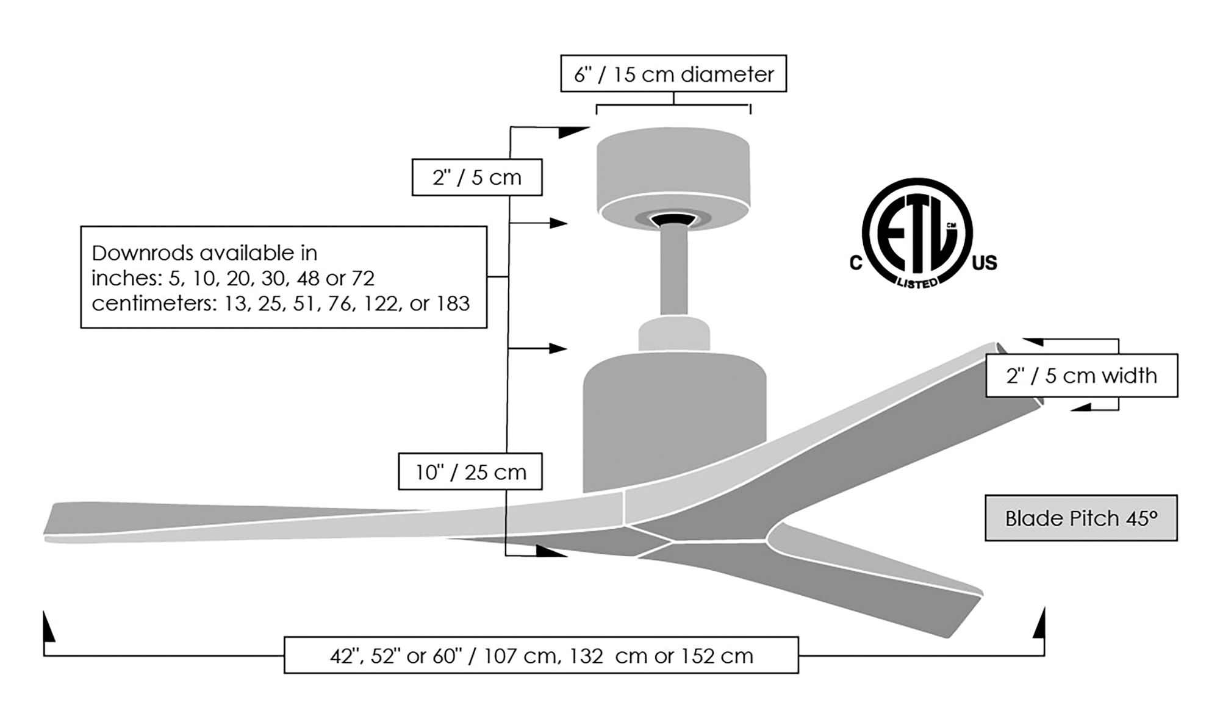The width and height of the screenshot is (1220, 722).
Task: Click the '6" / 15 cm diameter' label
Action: (x=673, y=74)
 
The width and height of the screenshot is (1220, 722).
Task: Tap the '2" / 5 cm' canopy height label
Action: (x=476, y=177)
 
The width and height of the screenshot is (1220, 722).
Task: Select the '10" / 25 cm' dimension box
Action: (x=470, y=471)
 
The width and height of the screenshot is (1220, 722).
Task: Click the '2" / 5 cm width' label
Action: (x=1081, y=376)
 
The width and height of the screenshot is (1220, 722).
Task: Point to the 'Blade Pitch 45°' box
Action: (x=1080, y=518)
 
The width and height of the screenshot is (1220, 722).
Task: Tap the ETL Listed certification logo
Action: (x=917, y=234)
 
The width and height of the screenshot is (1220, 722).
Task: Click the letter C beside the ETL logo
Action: (x=856, y=263)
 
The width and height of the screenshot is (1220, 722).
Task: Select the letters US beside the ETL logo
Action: (x=984, y=263)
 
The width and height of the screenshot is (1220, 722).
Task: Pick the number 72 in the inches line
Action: (x=363, y=278)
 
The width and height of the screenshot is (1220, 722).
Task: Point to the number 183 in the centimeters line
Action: (x=453, y=304)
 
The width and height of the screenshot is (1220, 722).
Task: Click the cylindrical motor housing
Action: (x=674, y=421)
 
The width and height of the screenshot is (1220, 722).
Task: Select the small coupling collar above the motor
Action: (x=674, y=334)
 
